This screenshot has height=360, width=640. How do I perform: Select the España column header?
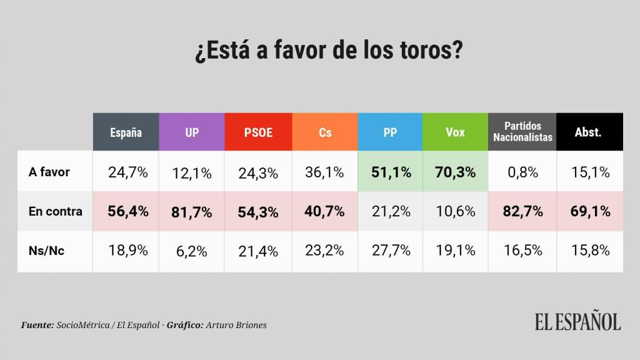(126, 132)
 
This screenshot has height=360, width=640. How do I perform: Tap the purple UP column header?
(192, 132)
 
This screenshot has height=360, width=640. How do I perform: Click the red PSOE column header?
(257, 132)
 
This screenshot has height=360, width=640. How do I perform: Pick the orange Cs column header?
(325, 132)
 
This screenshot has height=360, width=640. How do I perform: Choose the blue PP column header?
(390, 132)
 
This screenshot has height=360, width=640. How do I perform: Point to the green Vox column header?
(455, 132)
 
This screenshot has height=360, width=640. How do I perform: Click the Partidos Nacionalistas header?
(522, 132)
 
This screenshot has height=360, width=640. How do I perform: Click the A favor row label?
(49, 172)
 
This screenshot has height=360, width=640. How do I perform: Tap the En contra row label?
(55, 211)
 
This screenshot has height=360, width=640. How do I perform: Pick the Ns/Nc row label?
(46, 251)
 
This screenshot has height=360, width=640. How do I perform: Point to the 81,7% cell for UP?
(192, 212)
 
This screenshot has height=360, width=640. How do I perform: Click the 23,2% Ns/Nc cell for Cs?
(325, 251)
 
